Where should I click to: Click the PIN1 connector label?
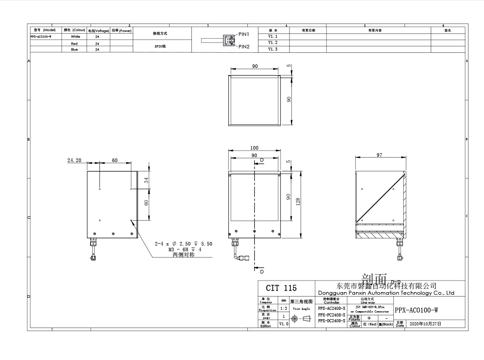(244, 34)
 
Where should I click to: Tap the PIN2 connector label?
(244, 46)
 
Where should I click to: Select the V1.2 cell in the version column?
(273, 43)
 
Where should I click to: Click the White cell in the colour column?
(75, 37)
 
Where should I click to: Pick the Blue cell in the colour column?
(75, 49)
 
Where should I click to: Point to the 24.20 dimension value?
(75, 160)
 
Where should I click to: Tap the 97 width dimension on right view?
(379, 155)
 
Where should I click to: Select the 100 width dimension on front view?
(254, 148)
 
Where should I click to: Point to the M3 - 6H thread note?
(184, 249)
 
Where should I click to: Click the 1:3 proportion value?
(283, 308)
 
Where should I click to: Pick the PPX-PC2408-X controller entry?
(332, 314)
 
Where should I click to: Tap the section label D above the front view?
(262, 160)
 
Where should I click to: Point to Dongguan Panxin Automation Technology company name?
(386, 293)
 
